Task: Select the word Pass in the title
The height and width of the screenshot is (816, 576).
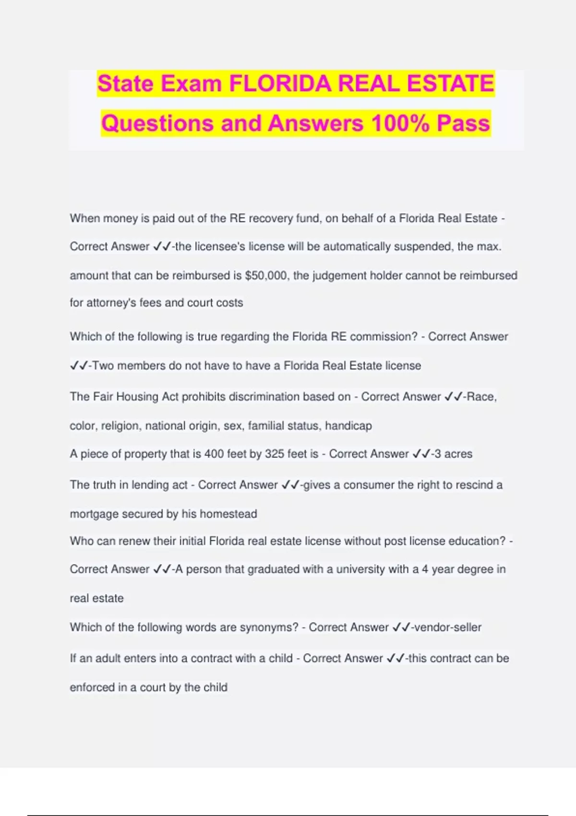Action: (463, 123)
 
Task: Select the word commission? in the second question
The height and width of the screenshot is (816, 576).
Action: (384, 336)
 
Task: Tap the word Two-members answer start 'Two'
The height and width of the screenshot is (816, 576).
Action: (102, 366)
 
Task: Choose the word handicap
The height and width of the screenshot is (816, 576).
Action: (348, 426)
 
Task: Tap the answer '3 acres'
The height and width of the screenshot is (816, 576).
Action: (453, 454)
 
